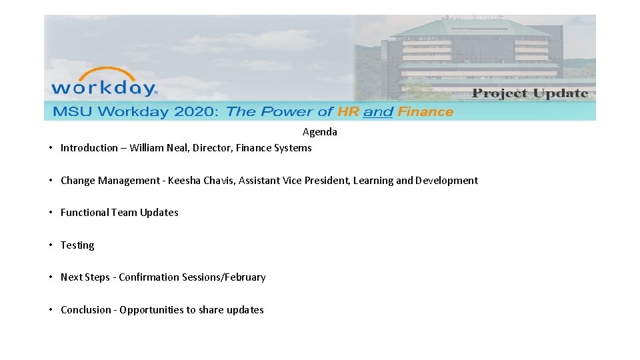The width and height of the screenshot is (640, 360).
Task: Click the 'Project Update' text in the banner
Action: coord(529,93)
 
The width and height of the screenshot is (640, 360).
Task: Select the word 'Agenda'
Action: coord(320,132)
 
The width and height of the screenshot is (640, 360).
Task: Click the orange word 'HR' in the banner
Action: coord(348,111)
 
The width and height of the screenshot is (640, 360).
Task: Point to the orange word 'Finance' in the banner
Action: coord(425,111)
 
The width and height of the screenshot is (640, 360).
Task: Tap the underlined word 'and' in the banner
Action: coord(378,112)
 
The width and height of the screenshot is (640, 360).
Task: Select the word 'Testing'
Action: coord(77,245)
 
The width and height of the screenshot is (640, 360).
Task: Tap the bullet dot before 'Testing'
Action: coord(51,245)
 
